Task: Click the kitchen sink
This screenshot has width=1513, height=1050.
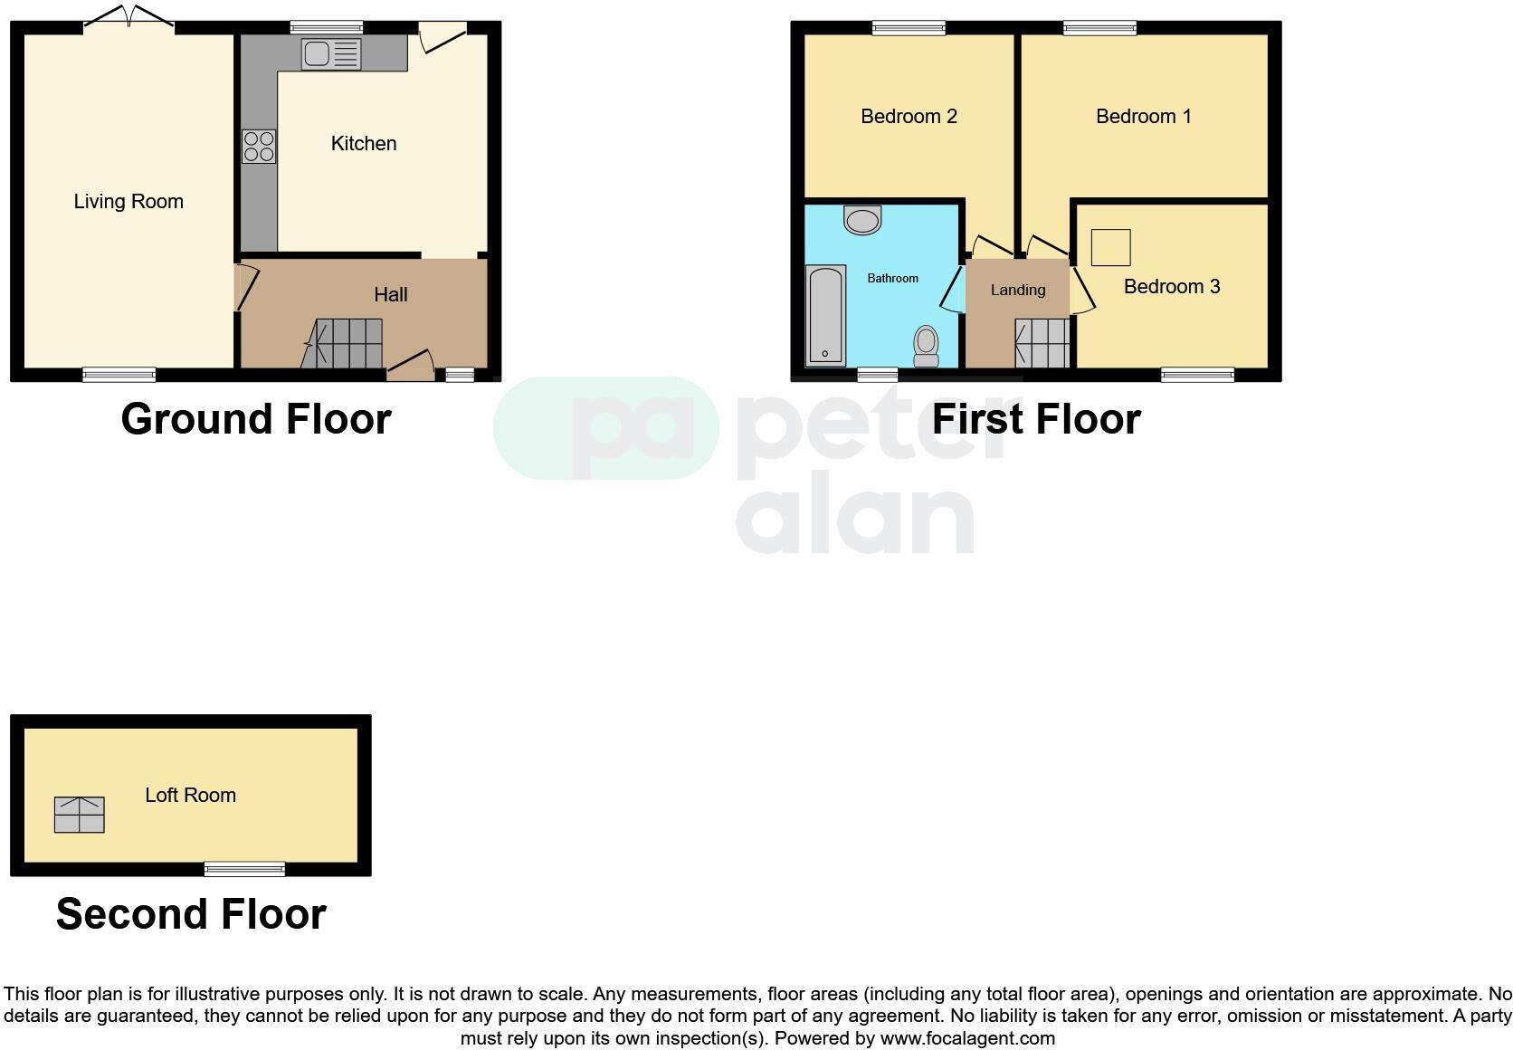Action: pos(331,54)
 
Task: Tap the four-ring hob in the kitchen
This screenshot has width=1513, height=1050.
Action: pos(259,147)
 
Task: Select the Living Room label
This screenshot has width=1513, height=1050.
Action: pos(128,201)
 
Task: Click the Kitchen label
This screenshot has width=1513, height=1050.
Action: pos(364,143)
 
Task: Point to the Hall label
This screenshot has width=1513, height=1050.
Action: pos(391,294)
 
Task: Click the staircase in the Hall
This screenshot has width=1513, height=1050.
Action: pos(344,343)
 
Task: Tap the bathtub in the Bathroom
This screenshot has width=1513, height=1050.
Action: pos(825,314)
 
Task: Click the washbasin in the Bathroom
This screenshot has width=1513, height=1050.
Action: pos(862,220)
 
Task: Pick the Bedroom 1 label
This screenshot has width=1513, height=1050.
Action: pos(1144,116)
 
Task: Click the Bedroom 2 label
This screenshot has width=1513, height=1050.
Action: pos(909,116)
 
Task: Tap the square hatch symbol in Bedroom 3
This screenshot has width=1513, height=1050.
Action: pos(1110,247)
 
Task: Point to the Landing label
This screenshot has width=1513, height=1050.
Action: pos(1018,290)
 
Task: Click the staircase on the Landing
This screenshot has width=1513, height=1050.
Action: pos(1042,343)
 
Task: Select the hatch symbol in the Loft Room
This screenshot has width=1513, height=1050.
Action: pos(80,815)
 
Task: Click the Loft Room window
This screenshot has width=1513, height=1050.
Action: pos(244,869)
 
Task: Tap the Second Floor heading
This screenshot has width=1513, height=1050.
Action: pos(191,914)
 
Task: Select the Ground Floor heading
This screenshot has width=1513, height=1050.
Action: pos(256,419)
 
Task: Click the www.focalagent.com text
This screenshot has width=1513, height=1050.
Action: pos(967,1038)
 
